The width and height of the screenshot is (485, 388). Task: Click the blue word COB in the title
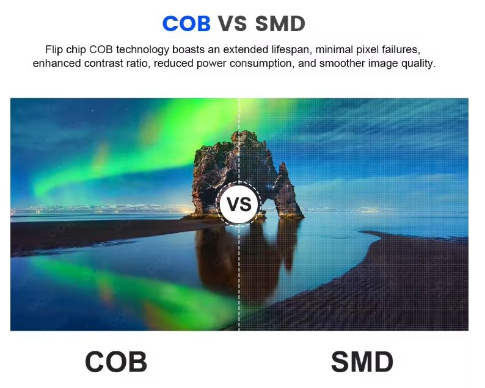tap(186, 23)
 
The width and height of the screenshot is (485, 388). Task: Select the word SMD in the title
tap(280, 23)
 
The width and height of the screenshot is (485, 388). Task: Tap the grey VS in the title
tap(233, 23)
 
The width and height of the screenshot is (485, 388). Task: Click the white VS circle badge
tap(239, 204)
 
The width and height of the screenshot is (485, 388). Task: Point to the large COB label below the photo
tap(116, 362)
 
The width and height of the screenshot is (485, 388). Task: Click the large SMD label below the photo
tap(362, 362)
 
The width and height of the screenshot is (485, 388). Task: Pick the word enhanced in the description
tap(57, 63)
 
